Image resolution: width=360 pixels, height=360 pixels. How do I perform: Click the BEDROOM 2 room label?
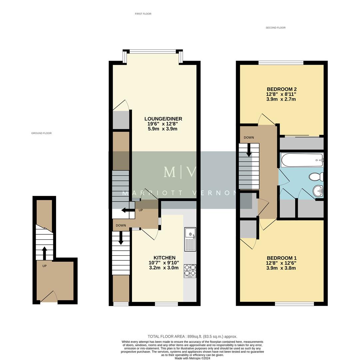282,89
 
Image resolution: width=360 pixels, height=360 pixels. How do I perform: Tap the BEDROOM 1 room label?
282,258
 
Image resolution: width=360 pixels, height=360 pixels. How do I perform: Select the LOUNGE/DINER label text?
163,119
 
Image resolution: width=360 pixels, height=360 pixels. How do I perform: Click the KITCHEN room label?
164,258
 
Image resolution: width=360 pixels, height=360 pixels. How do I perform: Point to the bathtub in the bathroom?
302,160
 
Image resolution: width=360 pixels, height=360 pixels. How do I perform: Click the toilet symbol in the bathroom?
316,176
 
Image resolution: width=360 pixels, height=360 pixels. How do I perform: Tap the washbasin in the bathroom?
318,191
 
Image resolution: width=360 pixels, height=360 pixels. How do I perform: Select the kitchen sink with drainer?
190,239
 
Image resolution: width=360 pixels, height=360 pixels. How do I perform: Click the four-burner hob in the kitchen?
190,271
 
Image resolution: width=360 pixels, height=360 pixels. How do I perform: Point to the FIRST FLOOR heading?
143,14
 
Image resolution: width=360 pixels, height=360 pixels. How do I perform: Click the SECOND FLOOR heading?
275,28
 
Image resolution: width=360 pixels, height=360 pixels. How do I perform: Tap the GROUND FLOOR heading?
41,133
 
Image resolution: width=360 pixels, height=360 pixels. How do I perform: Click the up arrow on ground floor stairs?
44,253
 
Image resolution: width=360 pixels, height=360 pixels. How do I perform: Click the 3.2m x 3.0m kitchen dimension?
164,268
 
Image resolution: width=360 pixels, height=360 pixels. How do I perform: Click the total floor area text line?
192,337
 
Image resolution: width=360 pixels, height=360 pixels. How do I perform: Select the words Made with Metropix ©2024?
192,358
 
